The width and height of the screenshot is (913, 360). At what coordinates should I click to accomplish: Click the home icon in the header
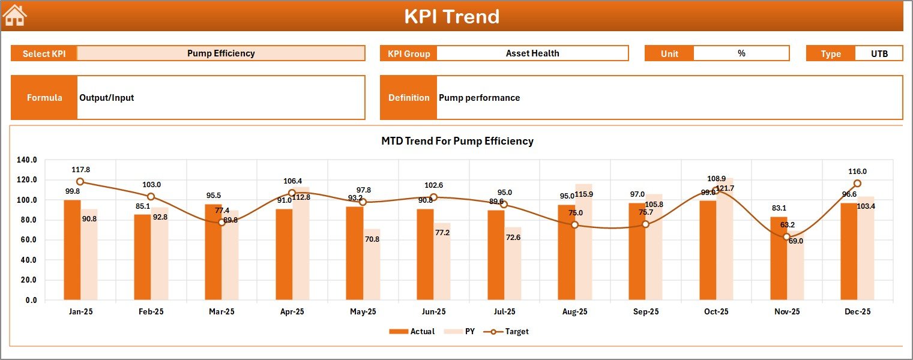[15, 16]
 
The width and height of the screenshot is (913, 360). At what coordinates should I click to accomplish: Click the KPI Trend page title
[451, 16]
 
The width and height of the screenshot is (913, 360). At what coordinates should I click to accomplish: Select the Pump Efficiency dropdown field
[221, 53]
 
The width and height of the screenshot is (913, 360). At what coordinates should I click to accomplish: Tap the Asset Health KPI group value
[532, 53]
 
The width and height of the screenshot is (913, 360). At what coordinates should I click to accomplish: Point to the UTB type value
[879, 53]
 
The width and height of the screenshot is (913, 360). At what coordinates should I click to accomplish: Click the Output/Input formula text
[106, 98]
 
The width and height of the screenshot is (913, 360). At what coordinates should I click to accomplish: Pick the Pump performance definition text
[479, 98]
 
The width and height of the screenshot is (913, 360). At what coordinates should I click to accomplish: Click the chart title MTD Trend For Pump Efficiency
[457, 141]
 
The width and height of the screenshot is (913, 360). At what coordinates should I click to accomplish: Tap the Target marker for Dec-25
[857, 184]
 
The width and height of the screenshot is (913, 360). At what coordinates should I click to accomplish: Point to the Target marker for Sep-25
[645, 224]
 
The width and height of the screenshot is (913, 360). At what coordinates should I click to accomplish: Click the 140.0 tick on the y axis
[28, 160]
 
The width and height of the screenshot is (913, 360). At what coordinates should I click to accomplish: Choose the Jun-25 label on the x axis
[433, 312]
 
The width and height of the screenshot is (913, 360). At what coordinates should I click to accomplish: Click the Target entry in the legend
[510, 331]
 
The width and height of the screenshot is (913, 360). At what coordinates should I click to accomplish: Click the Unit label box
[669, 53]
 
